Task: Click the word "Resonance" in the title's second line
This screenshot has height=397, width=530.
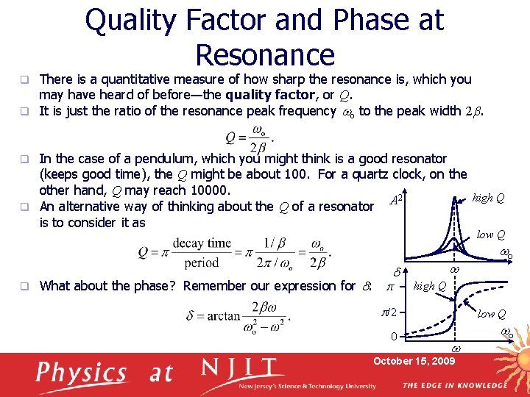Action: point(265,55)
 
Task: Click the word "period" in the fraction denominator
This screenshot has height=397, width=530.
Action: point(202,262)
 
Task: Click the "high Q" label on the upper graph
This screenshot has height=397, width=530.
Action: point(488,198)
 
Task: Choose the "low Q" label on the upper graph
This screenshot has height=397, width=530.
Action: point(490,235)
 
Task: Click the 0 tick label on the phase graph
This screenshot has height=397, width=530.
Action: point(395,337)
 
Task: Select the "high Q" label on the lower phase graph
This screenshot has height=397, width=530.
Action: point(431,285)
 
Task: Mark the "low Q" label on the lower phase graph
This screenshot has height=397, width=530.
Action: point(490,314)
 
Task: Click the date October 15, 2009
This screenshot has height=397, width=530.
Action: point(414,361)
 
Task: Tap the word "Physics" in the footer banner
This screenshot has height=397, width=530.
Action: point(82,373)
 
